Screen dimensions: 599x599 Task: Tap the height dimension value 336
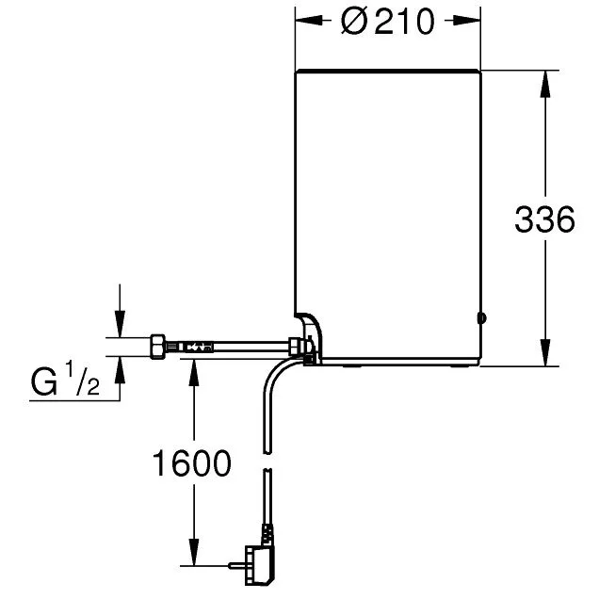[544, 220]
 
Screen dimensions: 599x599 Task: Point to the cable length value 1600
[192, 463]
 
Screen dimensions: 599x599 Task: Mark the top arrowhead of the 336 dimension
[544, 79]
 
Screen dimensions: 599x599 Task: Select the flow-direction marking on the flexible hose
[194, 347]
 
